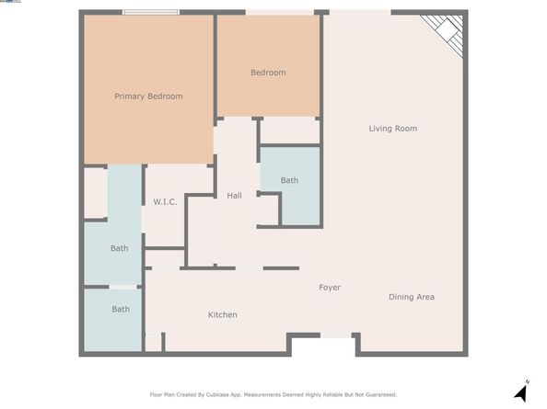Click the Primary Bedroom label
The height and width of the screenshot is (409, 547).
148,97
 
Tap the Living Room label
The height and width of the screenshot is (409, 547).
393,129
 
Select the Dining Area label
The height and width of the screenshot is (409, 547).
412,297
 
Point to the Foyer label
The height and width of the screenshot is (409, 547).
330,288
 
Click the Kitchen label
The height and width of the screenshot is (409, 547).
222,315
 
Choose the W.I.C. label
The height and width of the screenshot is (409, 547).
165,201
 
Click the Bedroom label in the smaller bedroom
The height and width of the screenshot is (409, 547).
268,73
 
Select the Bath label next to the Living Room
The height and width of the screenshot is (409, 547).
290,180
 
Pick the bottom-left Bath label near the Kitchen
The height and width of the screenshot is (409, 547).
121,309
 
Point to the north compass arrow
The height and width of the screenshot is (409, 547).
520,393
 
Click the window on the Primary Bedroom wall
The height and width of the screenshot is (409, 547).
152,12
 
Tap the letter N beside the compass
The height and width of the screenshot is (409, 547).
528,381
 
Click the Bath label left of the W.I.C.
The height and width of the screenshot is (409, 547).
120,248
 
